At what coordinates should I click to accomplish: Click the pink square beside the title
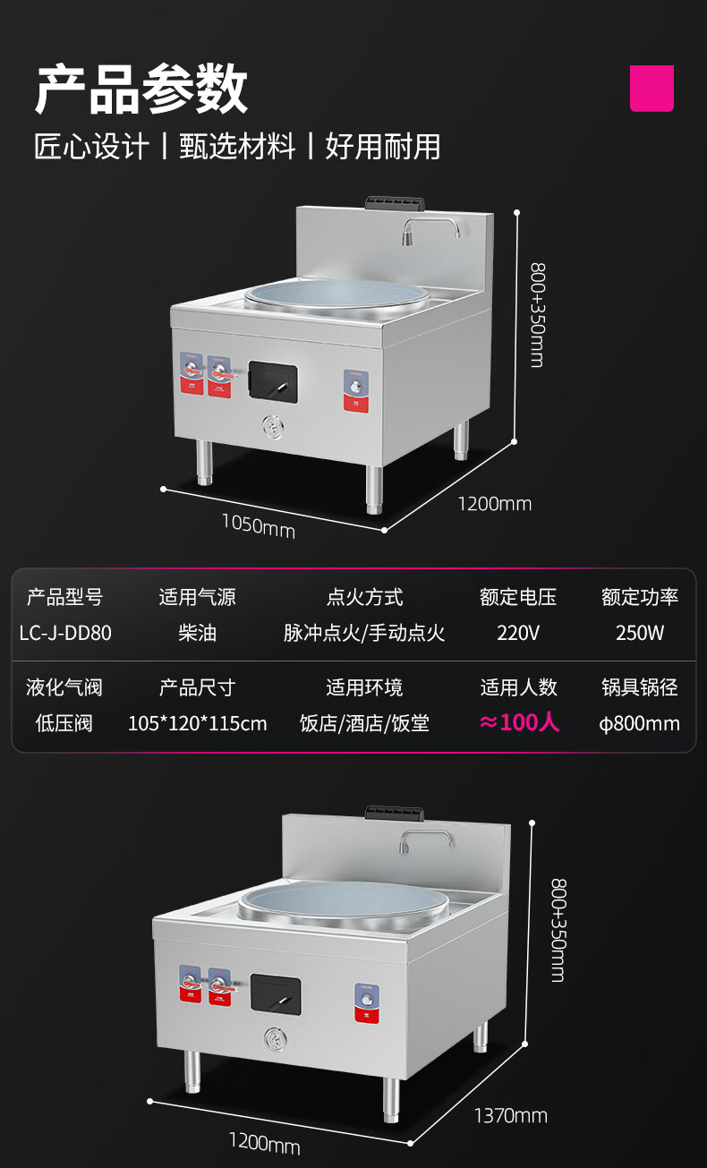(x=652, y=88)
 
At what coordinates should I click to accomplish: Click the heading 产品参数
(x=141, y=90)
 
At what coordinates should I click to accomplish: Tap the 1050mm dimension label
(x=258, y=525)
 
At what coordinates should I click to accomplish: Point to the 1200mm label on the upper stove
(x=494, y=504)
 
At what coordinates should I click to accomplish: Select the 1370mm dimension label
(x=510, y=1115)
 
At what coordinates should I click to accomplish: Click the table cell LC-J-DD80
(x=65, y=633)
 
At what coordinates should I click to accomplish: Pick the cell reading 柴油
(x=197, y=633)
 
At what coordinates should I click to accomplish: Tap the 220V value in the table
(x=518, y=633)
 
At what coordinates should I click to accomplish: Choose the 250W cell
(x=640, y=633)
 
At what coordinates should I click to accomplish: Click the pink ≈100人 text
(x=519, y=722)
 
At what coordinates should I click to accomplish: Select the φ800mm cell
(x=639, y=723)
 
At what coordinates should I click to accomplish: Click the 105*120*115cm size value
(x=197, y=723)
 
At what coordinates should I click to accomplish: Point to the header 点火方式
(x=364, y=597)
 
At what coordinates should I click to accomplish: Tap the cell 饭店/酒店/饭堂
(x=364, y=723)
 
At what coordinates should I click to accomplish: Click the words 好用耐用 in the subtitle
(x=383, y=146)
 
